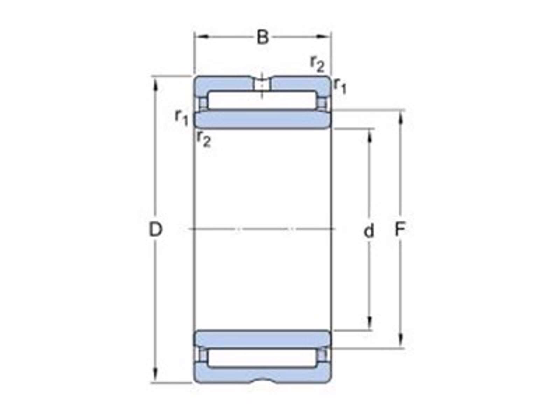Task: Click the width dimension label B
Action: coord(262,37)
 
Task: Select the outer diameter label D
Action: coord(155,229)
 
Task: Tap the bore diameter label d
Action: coord(369,231)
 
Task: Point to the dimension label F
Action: coord(400,229)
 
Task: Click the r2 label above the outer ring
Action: coord(317,64)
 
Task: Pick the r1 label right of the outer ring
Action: coord(340,86)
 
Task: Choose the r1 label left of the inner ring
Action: coord(182,118)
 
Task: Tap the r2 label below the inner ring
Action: coord(204,140)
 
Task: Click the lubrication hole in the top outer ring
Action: coord(262,85)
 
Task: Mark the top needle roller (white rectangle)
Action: coord(262,100)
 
